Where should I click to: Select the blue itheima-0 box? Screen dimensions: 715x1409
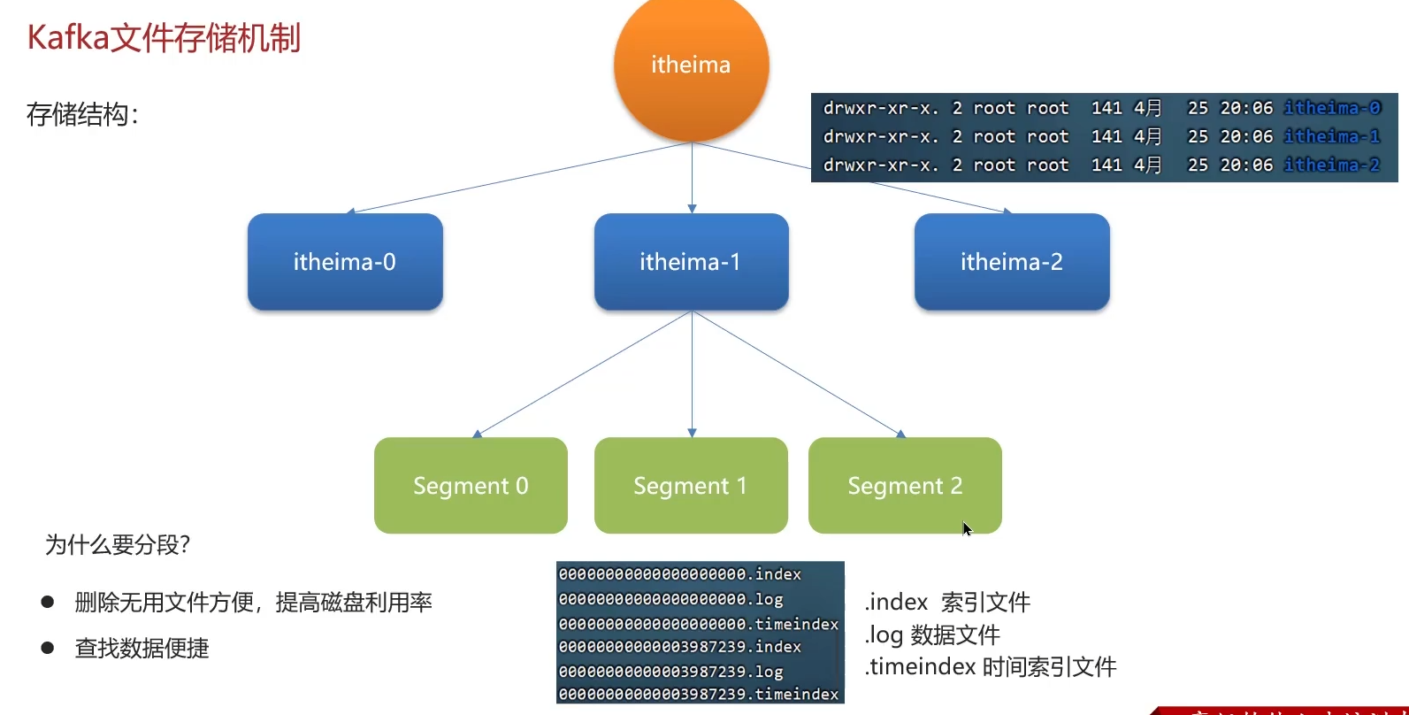pos(345,262)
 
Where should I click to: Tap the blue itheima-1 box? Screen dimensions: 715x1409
pos(691,262)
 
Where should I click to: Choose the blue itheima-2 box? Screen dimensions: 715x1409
pos(1012,262)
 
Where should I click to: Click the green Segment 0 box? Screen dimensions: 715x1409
pos(471,486)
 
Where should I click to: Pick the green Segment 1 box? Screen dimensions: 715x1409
pos(691,486)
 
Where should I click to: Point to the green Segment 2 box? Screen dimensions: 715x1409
pos(905,486)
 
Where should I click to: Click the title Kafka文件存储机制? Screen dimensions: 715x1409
pos(165,38)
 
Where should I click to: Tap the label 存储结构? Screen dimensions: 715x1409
pos(82,114)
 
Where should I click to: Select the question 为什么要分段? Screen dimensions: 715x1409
pos(118,544)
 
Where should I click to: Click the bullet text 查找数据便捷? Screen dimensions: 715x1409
pos(142,648)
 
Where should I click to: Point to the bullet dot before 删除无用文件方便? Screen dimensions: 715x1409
pos(48,603)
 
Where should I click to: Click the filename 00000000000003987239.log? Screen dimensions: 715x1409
pos(670,672)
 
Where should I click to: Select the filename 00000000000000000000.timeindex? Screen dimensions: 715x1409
pos(699,624)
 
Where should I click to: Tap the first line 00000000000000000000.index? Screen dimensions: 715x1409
pos(679,574)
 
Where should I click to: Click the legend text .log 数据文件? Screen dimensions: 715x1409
pos(932,634)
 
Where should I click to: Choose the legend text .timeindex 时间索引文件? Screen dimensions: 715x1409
pos(991,666)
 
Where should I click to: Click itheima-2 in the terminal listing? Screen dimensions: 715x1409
pos(1332,165)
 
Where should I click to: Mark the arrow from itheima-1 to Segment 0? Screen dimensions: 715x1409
pos(584,374)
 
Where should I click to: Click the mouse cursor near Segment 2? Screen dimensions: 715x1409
pos(967,528)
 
